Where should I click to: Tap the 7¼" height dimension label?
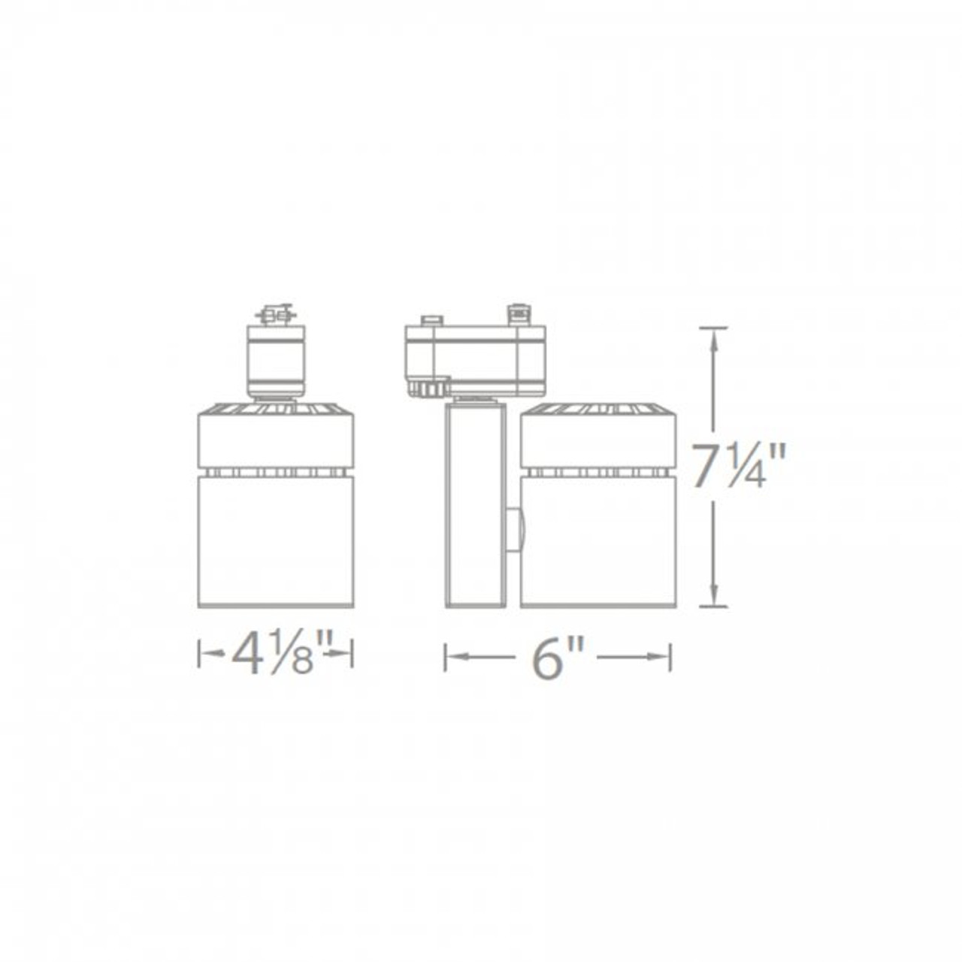(x=739, y=467)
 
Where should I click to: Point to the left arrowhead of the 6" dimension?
(x=455, y=657)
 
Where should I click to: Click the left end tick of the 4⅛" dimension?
(x=199, y=653)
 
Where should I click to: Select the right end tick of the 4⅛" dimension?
(x=352, y=653)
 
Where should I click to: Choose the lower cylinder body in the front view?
(x=275, y=540)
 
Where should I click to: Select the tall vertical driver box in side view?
(x=475, y=504)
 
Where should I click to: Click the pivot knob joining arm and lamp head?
(x=514, y=530)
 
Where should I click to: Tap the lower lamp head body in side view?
(x=598, y=540)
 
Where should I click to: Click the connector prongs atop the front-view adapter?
(x=277, y=314)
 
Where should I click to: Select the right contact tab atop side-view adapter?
(x=519, y=313)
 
